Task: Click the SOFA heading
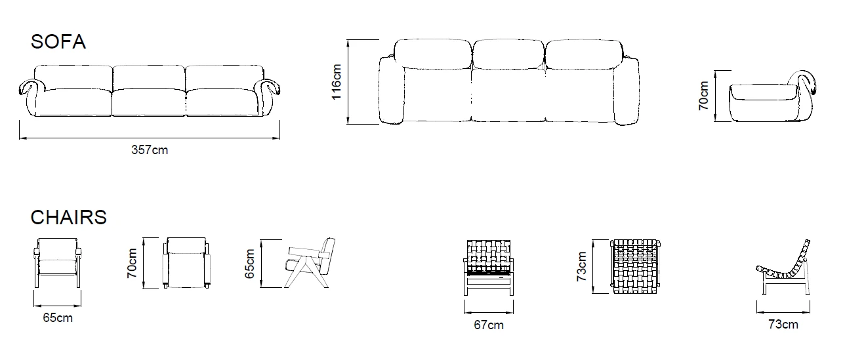pos(58,41)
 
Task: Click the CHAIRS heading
pos(68,217)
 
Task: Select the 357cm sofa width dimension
pos(150,150)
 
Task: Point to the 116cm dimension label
pos(337,81)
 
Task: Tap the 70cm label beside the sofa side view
pos(704,95)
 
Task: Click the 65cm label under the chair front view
pos(58,318)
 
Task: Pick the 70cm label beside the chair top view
pos(133,262)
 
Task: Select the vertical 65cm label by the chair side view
pos(249,263)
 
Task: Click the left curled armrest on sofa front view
pos(30,87)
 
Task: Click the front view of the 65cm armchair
pos(58,262)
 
